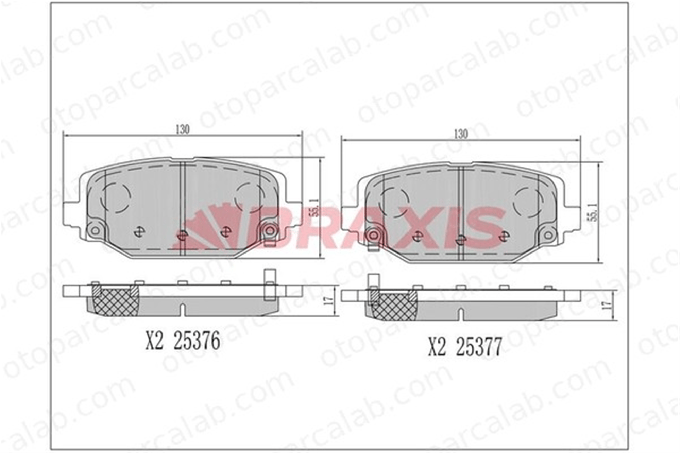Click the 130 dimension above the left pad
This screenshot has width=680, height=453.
pos(183,129)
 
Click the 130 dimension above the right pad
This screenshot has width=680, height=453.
pos(461,134)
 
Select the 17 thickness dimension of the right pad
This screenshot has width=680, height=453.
pos(607,305)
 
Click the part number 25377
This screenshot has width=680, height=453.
pos(479,347)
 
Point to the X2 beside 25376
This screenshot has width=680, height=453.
pos(155,341)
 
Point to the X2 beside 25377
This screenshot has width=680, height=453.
pos(437,347)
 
